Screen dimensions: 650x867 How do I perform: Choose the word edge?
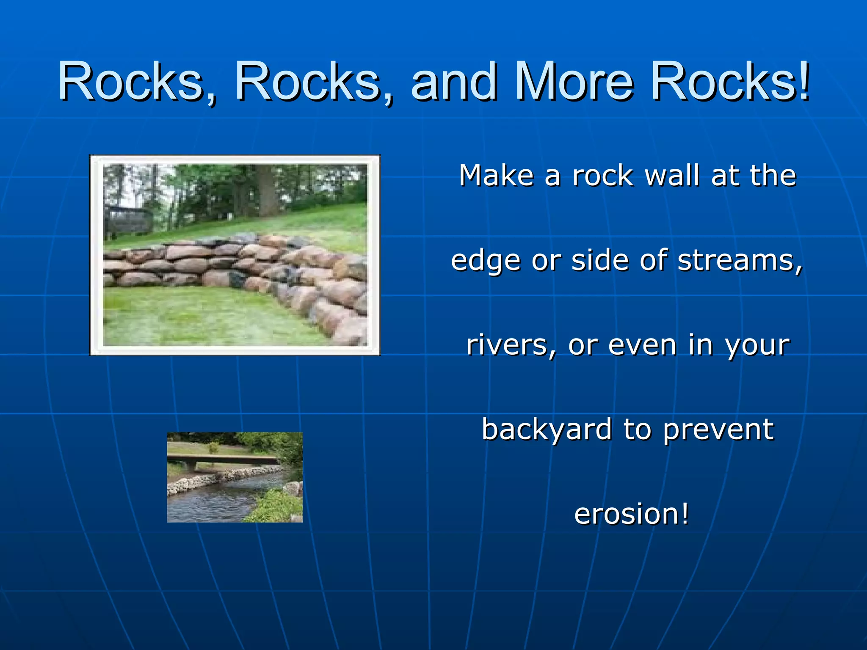pyautogui.click(x=485, y=261)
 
